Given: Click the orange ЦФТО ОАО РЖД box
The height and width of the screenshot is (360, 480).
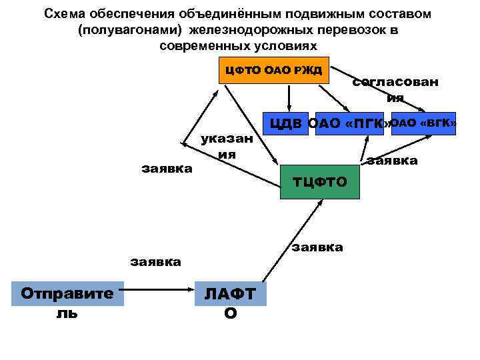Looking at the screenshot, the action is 274,70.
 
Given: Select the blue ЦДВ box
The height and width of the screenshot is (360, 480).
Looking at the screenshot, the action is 287,123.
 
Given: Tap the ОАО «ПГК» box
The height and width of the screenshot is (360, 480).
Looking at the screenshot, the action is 350,123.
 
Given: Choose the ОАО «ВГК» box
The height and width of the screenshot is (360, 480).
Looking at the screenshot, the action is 423,123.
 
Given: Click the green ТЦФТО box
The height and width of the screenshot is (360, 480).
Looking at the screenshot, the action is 319,181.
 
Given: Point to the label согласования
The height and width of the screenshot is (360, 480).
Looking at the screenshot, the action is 395,89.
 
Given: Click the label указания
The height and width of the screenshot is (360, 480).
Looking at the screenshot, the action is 227,146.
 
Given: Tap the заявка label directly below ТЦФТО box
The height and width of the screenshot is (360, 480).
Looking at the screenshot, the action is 317,247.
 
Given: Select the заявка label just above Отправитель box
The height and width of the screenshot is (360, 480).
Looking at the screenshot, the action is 155,261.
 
